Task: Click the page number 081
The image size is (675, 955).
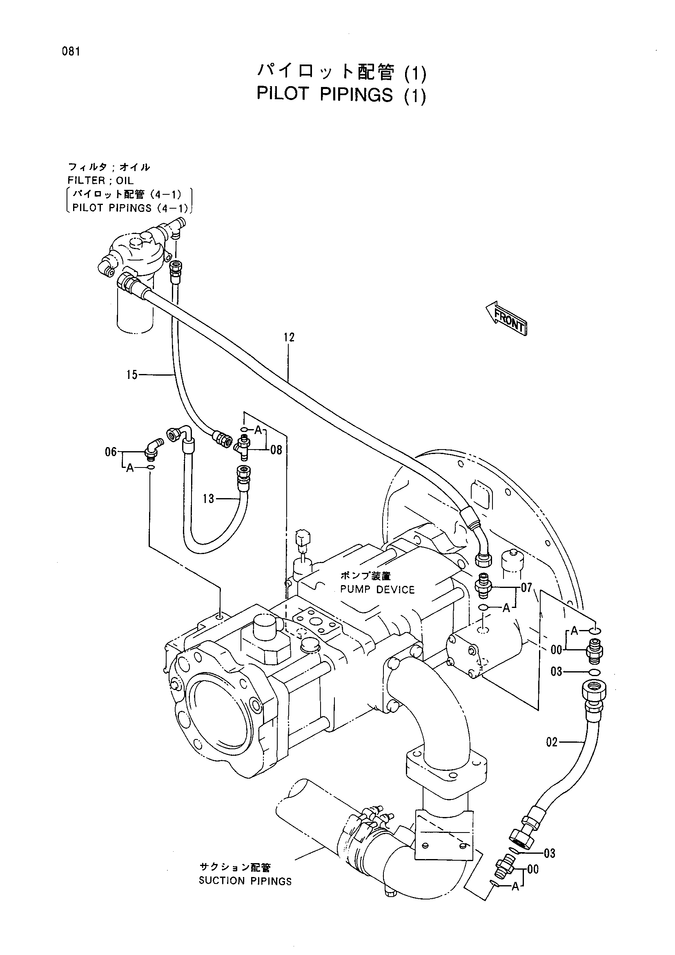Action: point(71,52)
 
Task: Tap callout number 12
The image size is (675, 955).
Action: point(289,337)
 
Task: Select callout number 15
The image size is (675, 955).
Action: point(132,375)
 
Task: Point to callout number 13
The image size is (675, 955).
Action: point(208,498)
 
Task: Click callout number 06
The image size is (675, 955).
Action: point(111,452)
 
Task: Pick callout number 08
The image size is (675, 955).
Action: point(276,450)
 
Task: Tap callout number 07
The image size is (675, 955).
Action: point(526,588)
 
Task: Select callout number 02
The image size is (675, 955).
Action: point(552,742)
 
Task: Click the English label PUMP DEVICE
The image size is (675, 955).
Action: point(378,590)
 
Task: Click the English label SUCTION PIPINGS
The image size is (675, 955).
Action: point(245,881)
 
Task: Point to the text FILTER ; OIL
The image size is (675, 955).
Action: point(100,180)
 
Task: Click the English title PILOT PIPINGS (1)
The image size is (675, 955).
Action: point(341,95)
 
